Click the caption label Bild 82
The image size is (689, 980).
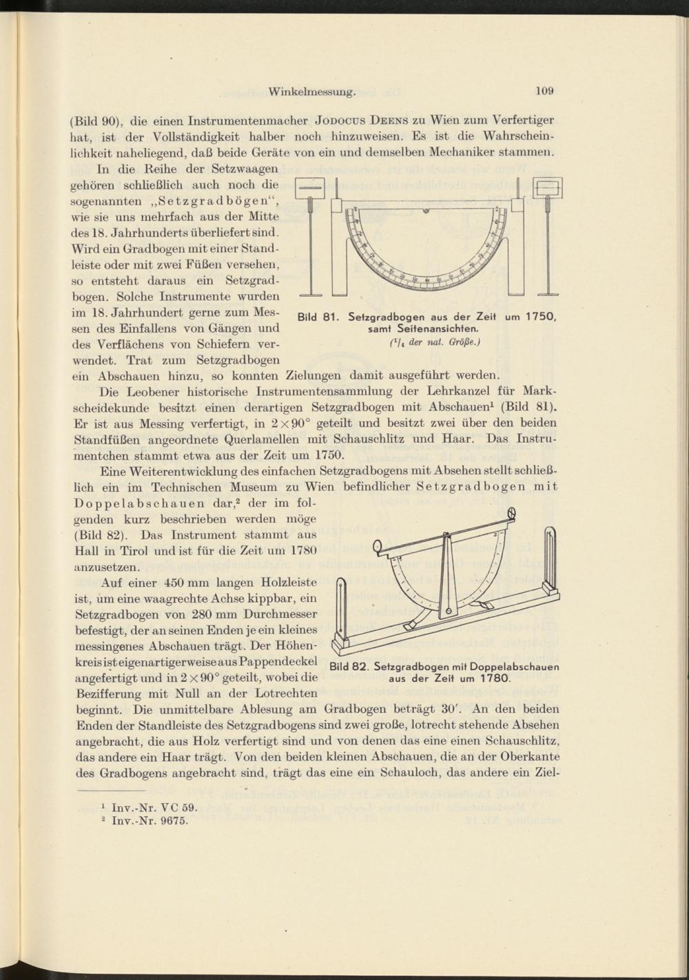coord(350,667)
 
